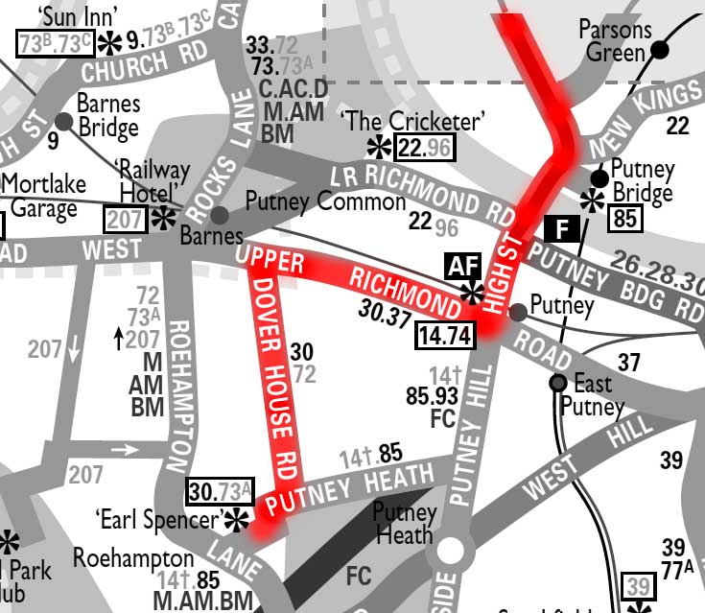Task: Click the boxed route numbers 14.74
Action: [x=445, y=335]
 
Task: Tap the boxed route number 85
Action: [x=625, y=219]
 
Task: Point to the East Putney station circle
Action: [x=556, y=384]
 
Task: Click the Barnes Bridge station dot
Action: [x=64, y=121]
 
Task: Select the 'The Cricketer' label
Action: [x=413, y=122]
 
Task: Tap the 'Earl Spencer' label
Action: [x=159, y=520]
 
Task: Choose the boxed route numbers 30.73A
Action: [x=221, y=491]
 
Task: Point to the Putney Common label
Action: [x=325, y=201]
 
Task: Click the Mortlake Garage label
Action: [x=43, y=197]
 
